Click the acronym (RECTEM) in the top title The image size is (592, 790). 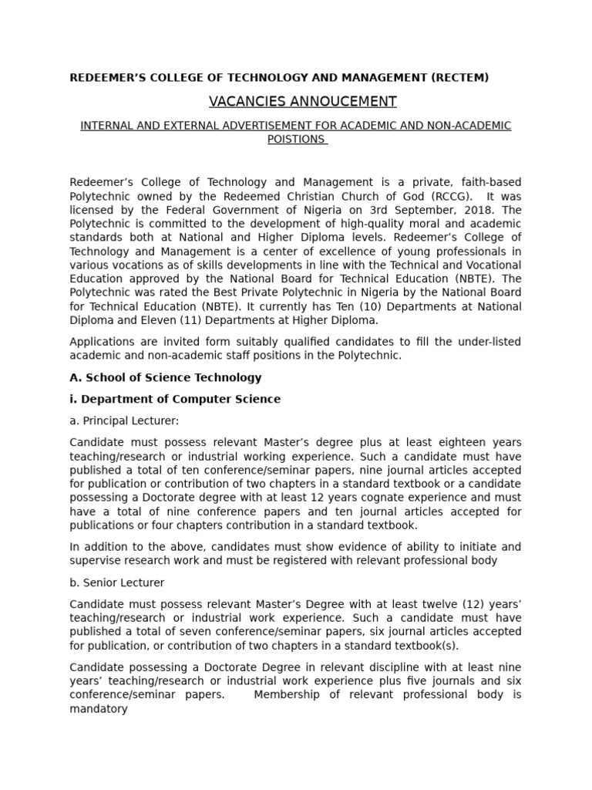click(460, 77)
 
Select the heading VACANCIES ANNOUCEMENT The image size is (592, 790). click(302, 102)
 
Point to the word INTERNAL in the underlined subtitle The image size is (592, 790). click(107, 126)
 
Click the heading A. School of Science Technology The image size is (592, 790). click(166, 377)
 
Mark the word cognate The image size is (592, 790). click(367, 498)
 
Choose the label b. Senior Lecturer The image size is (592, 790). click(116, 582)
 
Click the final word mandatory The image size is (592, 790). click(98, 708)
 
